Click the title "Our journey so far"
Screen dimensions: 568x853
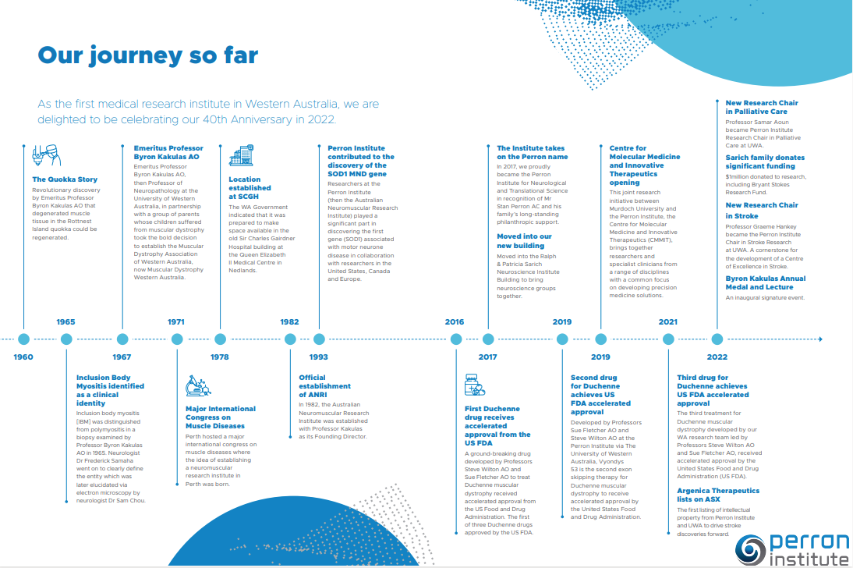coord(148,56)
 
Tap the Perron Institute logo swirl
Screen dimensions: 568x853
coord(752,548)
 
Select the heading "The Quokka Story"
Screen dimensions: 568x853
coord(64,179)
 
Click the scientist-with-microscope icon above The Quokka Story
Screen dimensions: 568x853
coord(41,156)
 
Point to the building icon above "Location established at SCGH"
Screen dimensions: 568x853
coord(240,155)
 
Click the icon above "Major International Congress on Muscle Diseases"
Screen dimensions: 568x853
coord(198,386)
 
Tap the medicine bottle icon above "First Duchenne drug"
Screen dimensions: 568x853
coord(474,385)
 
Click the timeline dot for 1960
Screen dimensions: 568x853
coord(23,339)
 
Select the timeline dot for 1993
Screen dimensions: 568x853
coord(319,339)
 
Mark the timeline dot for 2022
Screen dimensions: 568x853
coord(717,339)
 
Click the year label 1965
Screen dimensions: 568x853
coord(65,321)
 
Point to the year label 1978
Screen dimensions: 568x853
coord(220,357)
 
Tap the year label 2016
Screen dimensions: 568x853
coord(455,321)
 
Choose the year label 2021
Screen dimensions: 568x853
coord(668,321)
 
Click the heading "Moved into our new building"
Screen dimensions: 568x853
coord(524,240)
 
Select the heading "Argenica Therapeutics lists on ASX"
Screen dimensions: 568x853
coord(717,495)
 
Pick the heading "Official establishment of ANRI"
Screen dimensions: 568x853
coord(325,385)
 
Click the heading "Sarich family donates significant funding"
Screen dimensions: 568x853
coord(765,162)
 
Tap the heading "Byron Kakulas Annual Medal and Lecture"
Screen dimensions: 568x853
coord(765,282)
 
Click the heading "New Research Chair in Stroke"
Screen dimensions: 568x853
coord(761,210)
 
